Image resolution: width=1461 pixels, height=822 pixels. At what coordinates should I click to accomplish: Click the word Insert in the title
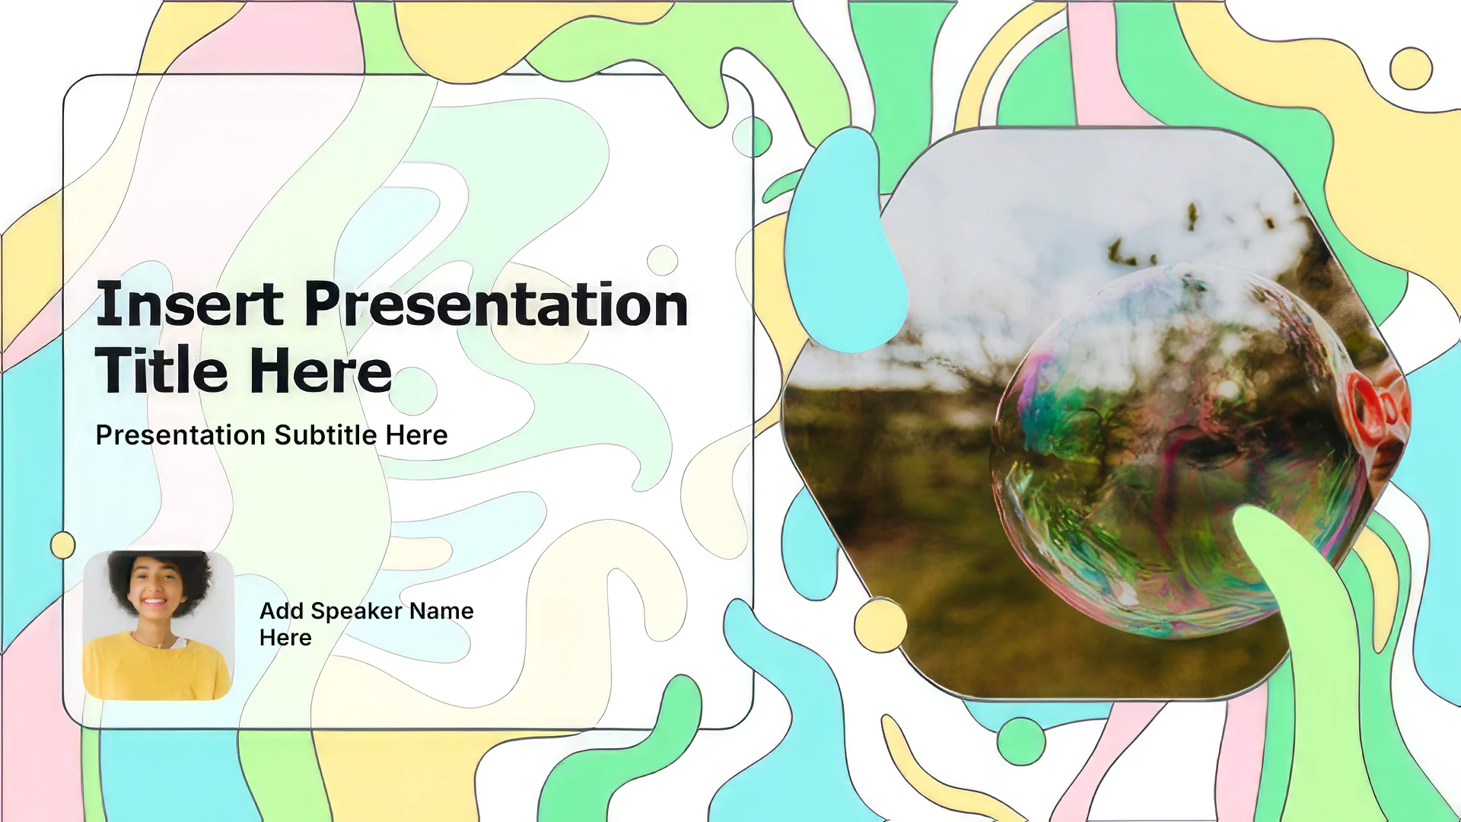tap(189, 304)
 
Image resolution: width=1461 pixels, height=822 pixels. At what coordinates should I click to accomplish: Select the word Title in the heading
tap(161, 371)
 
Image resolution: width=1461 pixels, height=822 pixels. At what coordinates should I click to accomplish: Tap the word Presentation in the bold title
tap(496, 304)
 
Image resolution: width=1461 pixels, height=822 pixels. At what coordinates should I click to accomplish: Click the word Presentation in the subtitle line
tap(180, 435)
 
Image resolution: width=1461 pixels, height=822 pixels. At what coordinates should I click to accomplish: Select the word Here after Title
tap(320, 371)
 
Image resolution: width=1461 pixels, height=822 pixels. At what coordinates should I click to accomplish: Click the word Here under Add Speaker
tap(285, 638)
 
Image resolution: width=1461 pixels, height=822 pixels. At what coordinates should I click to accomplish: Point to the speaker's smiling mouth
tap(154, 602)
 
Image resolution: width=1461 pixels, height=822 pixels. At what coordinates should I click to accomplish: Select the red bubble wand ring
tap(1366, 407)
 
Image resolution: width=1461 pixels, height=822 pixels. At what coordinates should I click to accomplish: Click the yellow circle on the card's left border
tap(63, 545)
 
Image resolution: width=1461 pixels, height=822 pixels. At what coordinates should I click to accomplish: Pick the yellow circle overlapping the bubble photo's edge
tap(880, 625)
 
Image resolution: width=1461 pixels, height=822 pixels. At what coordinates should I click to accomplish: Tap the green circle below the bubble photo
tap(1021, 741)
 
